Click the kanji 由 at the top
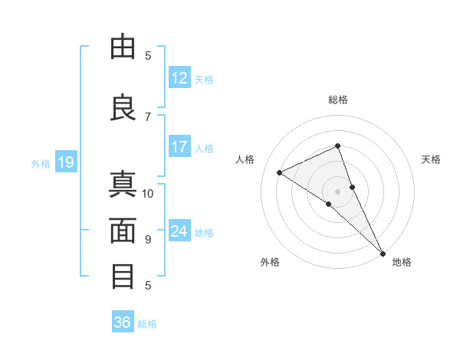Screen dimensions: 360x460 pos(123,47)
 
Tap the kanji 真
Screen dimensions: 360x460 pos(123,185)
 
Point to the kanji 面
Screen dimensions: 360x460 pos(123,230)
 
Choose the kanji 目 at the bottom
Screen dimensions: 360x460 pos(123,276)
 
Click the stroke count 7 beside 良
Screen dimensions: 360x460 pos(148,116)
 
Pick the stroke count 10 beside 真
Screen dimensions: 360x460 pos(148,193)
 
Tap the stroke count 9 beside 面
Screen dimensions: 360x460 pos(148,239)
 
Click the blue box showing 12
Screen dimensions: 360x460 pos(179,78)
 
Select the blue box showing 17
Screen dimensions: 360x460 pos(179,147)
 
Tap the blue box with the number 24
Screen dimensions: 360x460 pos(179,231)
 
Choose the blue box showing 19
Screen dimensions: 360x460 pos(65,162)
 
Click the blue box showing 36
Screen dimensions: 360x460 pos(123,322)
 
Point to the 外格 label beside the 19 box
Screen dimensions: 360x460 pos(40,163)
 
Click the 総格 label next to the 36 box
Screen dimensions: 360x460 pos(147,324)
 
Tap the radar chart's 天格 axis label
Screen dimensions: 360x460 pos(431,159)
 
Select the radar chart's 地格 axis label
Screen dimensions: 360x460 pos(402,262)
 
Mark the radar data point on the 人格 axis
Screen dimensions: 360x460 pos(280,173)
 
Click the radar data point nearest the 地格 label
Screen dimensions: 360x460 pos(382,252)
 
